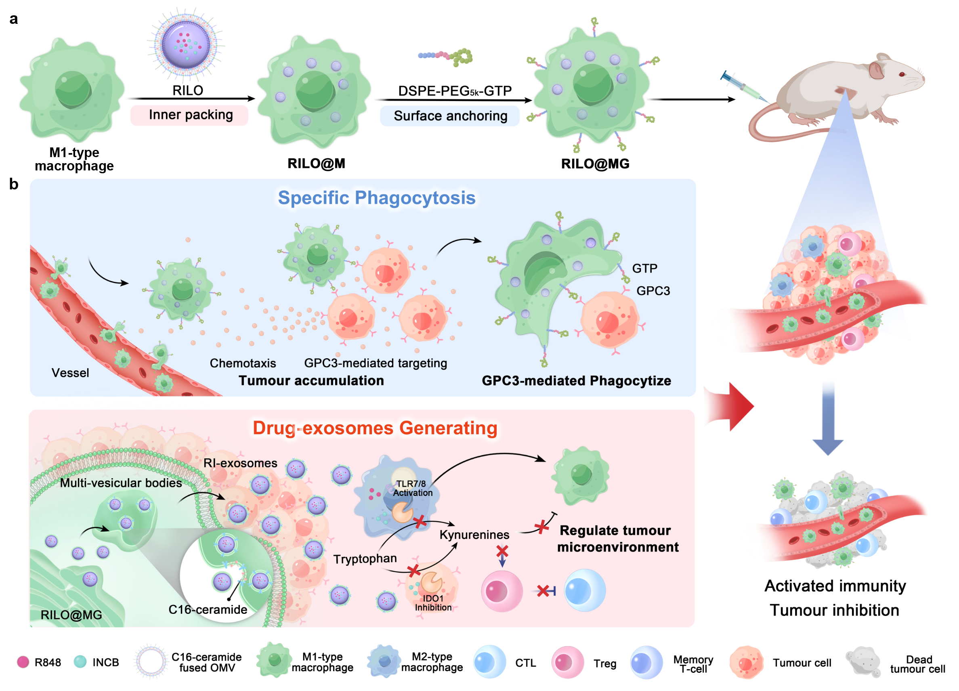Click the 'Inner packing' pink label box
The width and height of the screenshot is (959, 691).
(x=189, y=115)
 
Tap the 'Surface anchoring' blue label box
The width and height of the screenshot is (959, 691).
(x=450, y=116)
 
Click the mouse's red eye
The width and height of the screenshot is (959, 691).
(x=902, y=74)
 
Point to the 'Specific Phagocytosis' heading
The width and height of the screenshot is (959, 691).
(x=376, y=198)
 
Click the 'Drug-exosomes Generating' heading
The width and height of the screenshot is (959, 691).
(x=375, y=428)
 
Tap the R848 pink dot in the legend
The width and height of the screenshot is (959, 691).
(x=23, y=662)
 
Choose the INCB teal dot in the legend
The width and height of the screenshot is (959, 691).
(x=80, y=662)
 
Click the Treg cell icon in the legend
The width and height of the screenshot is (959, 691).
(x=567, y=662)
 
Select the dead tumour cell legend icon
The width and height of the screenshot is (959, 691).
(x=862, y=662)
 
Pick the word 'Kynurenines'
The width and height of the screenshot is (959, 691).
(x=474, y=535)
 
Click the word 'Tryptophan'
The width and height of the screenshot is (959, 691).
(x=365, y=559)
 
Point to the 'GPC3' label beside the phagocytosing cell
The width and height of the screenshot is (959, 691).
(x=653, y=291)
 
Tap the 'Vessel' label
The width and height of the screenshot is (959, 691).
(x=70, y=373)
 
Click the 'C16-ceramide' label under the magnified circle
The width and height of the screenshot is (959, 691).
(x=208, y=609)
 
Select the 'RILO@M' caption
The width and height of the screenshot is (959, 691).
(x=316, y=164)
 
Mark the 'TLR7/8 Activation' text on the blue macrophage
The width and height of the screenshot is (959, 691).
(x=412, y=488)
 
